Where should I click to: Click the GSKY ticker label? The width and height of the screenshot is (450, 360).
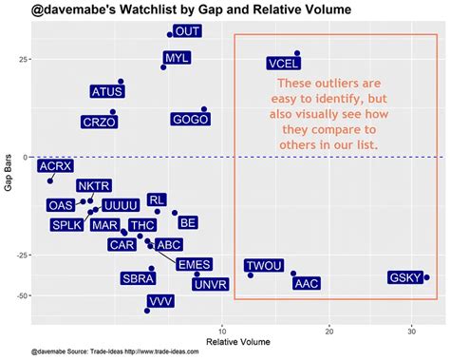point(405,278)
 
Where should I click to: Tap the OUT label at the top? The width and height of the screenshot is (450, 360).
point(188,31)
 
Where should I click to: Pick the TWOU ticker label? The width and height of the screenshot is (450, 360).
point(264,266)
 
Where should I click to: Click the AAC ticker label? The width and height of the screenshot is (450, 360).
point(307,283)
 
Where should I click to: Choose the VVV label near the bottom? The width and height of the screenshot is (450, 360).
point(161,301)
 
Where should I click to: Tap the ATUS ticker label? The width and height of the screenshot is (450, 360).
point(106,92)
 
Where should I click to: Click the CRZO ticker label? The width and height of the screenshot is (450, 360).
point(99,122)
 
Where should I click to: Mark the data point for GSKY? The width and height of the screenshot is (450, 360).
point(427,277)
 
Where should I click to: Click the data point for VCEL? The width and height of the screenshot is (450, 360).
point(297,53)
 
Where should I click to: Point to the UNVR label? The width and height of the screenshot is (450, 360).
point(210,283)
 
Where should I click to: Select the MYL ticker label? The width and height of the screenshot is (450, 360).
point(178,58)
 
